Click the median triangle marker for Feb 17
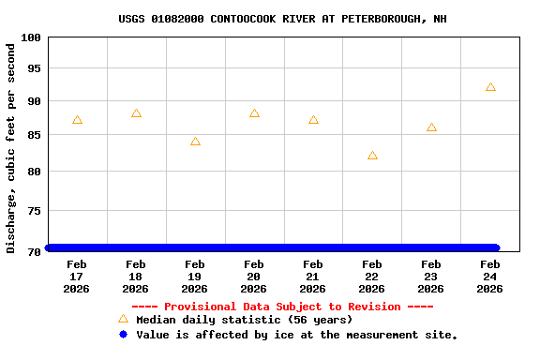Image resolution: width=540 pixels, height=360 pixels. click(77, 120)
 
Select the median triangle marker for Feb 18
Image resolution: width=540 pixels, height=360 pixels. click(136, 113)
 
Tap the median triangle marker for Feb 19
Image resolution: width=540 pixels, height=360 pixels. click(195, 142)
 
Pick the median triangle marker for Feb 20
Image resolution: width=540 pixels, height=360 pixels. click(254, 113)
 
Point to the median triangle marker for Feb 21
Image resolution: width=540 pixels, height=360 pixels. click(313, 120)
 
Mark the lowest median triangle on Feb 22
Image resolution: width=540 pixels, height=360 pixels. click(372, 156)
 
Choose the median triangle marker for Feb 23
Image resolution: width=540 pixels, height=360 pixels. click(431, 127)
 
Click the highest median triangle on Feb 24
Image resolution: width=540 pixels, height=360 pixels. click(490, 87)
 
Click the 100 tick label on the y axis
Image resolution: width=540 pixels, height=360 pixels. click(31, 37)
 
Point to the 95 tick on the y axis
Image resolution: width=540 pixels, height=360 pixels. click(34, 68)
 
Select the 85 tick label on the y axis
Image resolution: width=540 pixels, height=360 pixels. click(34, 135)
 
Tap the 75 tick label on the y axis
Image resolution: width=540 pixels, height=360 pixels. click(34, 211)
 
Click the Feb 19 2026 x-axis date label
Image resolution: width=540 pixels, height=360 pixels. click(195, 277)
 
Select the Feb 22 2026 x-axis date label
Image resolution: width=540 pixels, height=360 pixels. click(372, 277)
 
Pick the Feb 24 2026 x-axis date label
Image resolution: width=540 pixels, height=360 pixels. click(490, 277)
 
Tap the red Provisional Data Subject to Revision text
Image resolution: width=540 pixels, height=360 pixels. click(282, 307)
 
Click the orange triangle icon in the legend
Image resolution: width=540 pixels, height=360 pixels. click(123, 320)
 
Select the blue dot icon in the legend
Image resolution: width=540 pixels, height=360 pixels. click(123, 335)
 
